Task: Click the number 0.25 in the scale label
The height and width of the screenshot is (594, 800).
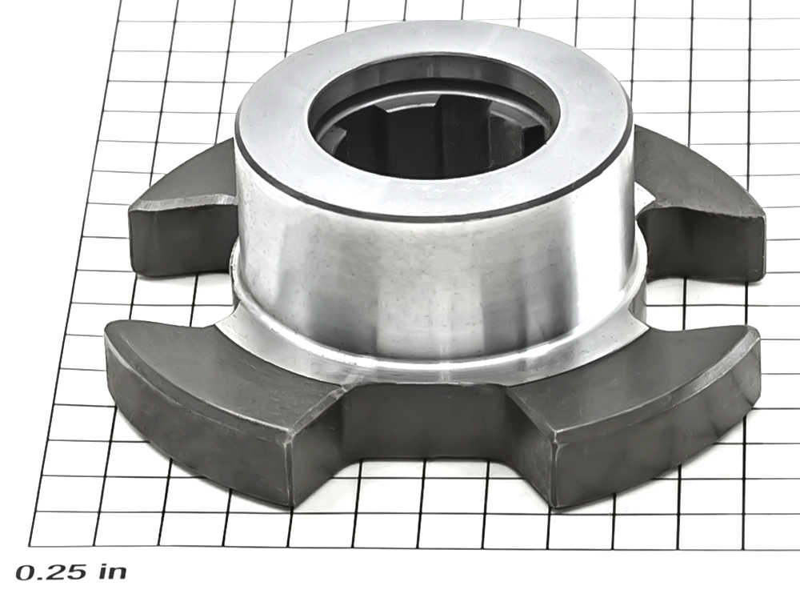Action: (52, 572)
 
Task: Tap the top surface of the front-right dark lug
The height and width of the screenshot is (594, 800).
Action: (633, 378)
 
